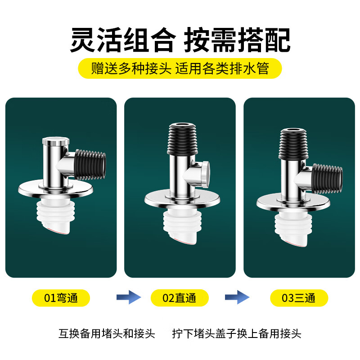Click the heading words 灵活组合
tap(121, 40)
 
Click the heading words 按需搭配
tap(237, 40)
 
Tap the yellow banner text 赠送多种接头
tap(131, 69)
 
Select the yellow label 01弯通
tap(61, 298)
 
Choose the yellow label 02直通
tap(180, 298)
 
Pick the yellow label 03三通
tap(299, 298)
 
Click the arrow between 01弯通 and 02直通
tap(129, 297)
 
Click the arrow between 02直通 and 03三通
tap(237, 297)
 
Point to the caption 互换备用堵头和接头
tap(107, 334)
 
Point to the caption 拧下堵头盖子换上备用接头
tap(237, 334)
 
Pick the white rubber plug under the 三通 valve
tap(294, 229)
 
